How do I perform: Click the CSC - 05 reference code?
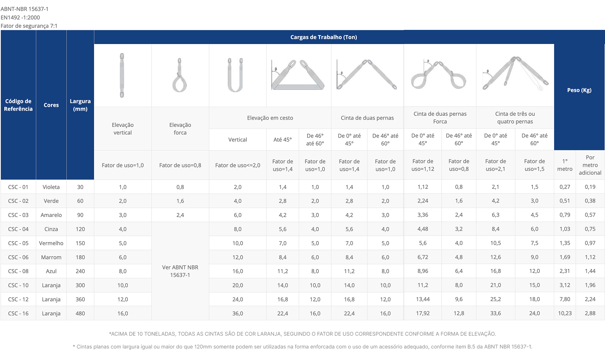pyautogui.click(x=18, y=243)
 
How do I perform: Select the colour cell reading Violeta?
pyautogui.click(x=51, y=187)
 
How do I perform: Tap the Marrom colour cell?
pyautogui.click(x=51, y=257)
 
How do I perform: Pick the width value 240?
pyautogui.click(x=80, y=271)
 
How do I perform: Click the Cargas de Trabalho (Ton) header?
pyautogui.click(x=323, y=37)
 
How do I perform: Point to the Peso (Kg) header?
pyautogui.click(x=579, y=90)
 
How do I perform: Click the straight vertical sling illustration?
pyautogui.click(x=122, y=75)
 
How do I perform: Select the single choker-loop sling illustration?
pyautogui.click(x=179, y=76)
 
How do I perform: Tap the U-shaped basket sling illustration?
pyautogui.click(x=235, y=75)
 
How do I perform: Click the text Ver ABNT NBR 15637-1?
pyautogui.click(x=180, y=271)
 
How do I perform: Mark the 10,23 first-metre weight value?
pyautogui.click(x=564, y=313)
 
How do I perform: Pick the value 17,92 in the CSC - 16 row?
pyautogui.click(x=423, y=313)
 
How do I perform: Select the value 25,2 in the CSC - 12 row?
pyautogui.click(x=495, y=299)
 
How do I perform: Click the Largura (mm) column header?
pyautogui.click(x=80, y=105)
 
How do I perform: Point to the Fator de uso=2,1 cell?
pyautogui.click(x=495, y=165)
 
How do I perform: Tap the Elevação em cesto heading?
pyautogui.click(x=270, y=118)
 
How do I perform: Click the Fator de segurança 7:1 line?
pyautogui.click(x=29, y=26)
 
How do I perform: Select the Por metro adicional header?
pyautogui.click(x=590, y=165)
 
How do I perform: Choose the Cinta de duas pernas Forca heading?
pyautogui.click(x=440, y=118)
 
